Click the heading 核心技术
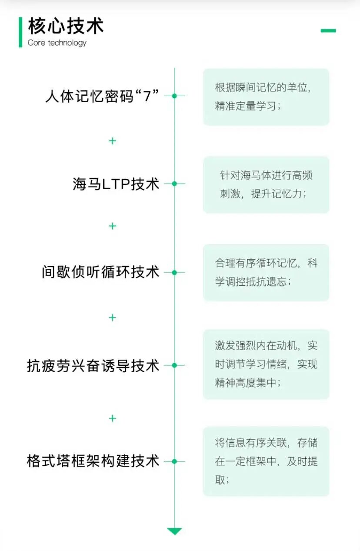pos(66,26)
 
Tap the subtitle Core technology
pos(57,43)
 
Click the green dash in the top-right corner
pos(328,30)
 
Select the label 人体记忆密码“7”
pos(102,96)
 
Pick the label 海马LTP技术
pos(116,184)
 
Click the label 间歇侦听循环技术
pos(101,273)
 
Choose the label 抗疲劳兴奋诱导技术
pos(93,366)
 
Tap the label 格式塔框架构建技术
pos(93,461)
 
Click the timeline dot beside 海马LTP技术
pos(174,184)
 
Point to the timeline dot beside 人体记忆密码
pos(174,96)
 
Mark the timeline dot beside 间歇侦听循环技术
pos(174,273)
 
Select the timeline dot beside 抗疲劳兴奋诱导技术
pos(174,365)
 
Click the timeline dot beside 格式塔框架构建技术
pos(174,461)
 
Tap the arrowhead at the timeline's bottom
pos(174,531)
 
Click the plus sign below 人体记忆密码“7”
pos(113,141)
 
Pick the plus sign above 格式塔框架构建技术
pos(113,418)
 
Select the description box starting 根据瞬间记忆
pos(266,97)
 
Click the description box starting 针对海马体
pos(266,185)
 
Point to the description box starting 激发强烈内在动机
pos(266,364)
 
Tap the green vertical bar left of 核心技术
pos(20,32)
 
